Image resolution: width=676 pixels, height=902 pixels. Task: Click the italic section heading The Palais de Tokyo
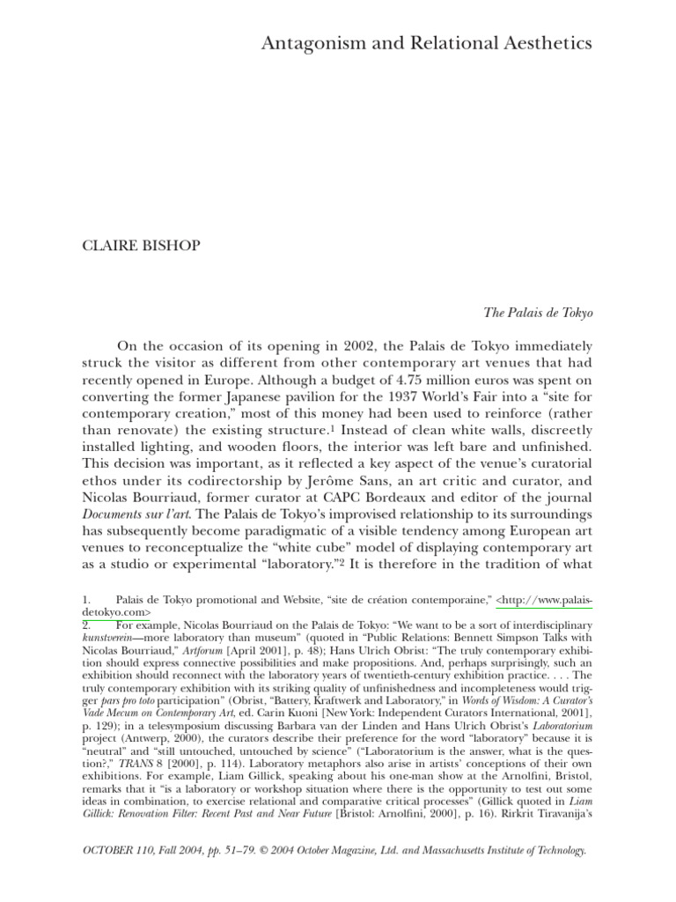point(539,312)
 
